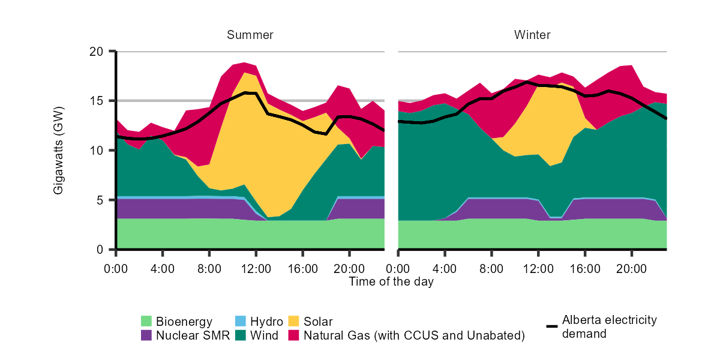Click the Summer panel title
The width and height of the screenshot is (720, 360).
[250, 35]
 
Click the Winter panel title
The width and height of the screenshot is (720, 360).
[532, 35]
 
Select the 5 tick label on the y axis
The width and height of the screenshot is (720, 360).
[99, 200]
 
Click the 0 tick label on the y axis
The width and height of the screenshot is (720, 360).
[99, 249]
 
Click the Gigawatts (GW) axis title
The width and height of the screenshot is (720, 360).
[59, 150]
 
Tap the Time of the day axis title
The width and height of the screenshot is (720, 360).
[391, 281]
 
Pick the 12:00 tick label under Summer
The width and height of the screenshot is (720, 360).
[256, 268]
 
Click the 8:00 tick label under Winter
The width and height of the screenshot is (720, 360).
[491, 268]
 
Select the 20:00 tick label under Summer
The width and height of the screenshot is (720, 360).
[350, 268]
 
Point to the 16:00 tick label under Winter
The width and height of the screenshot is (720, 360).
[585, 268]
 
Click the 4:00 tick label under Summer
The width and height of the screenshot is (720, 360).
[163, 268]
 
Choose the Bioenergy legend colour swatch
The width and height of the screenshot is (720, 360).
[147, 322]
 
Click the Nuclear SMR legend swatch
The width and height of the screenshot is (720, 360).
[147, 335]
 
